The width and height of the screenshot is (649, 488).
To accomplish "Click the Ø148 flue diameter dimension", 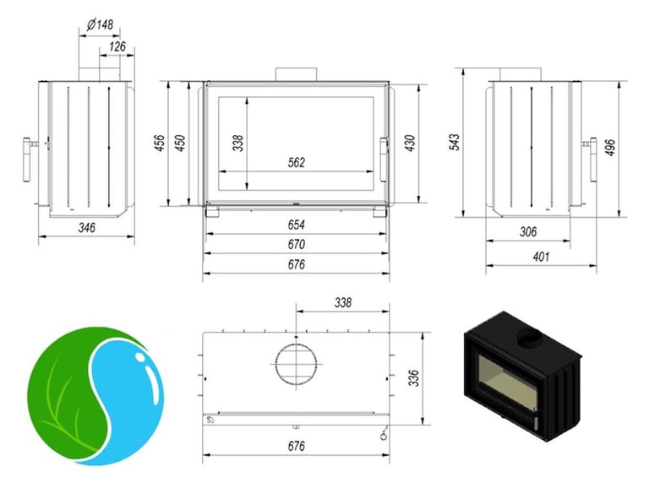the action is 101,24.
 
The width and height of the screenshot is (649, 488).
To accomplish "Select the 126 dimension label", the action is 117,46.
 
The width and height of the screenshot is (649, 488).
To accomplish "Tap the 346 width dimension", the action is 87,227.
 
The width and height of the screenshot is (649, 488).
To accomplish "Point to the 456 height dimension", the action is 160,143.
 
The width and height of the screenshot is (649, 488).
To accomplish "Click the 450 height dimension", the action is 180,143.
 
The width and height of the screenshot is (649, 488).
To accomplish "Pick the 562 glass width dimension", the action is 297,163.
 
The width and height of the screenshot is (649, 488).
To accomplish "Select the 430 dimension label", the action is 409,143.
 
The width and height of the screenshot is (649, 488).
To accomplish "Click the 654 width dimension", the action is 297,225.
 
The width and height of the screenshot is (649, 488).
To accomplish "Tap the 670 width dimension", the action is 297,244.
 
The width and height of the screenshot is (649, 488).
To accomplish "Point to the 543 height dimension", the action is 455,142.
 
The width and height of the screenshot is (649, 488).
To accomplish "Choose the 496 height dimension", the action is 610,148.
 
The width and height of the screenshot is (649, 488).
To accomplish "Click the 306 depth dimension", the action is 528,231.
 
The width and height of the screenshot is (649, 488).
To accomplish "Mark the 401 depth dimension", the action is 541,257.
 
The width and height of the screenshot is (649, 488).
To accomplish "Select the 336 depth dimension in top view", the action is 414,378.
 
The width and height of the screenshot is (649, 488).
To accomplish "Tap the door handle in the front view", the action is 384,160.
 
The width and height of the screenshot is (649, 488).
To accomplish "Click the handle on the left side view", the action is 28,160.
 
